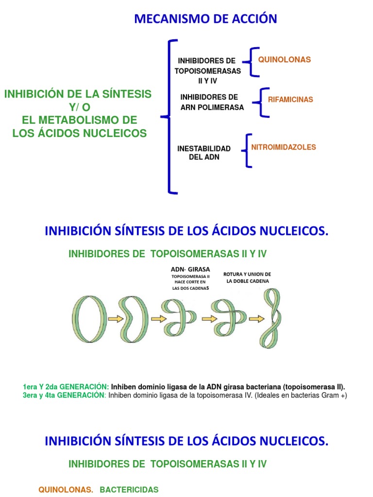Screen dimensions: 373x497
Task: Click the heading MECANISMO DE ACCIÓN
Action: pos(205,19)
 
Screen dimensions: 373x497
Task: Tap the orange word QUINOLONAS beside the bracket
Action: pos(284,60)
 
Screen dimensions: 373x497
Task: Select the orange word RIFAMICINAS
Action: pos(290,99)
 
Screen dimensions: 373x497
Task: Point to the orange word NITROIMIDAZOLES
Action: pos(284,147)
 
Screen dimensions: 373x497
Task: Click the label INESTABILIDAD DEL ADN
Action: pos(204,153)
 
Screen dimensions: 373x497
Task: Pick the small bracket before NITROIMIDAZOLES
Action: pos(248,150)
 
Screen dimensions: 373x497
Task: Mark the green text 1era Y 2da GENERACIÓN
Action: pos(66,387)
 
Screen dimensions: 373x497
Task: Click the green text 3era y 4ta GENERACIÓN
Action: pos(64,395)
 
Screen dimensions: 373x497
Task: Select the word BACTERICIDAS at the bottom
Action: pos(129,490)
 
